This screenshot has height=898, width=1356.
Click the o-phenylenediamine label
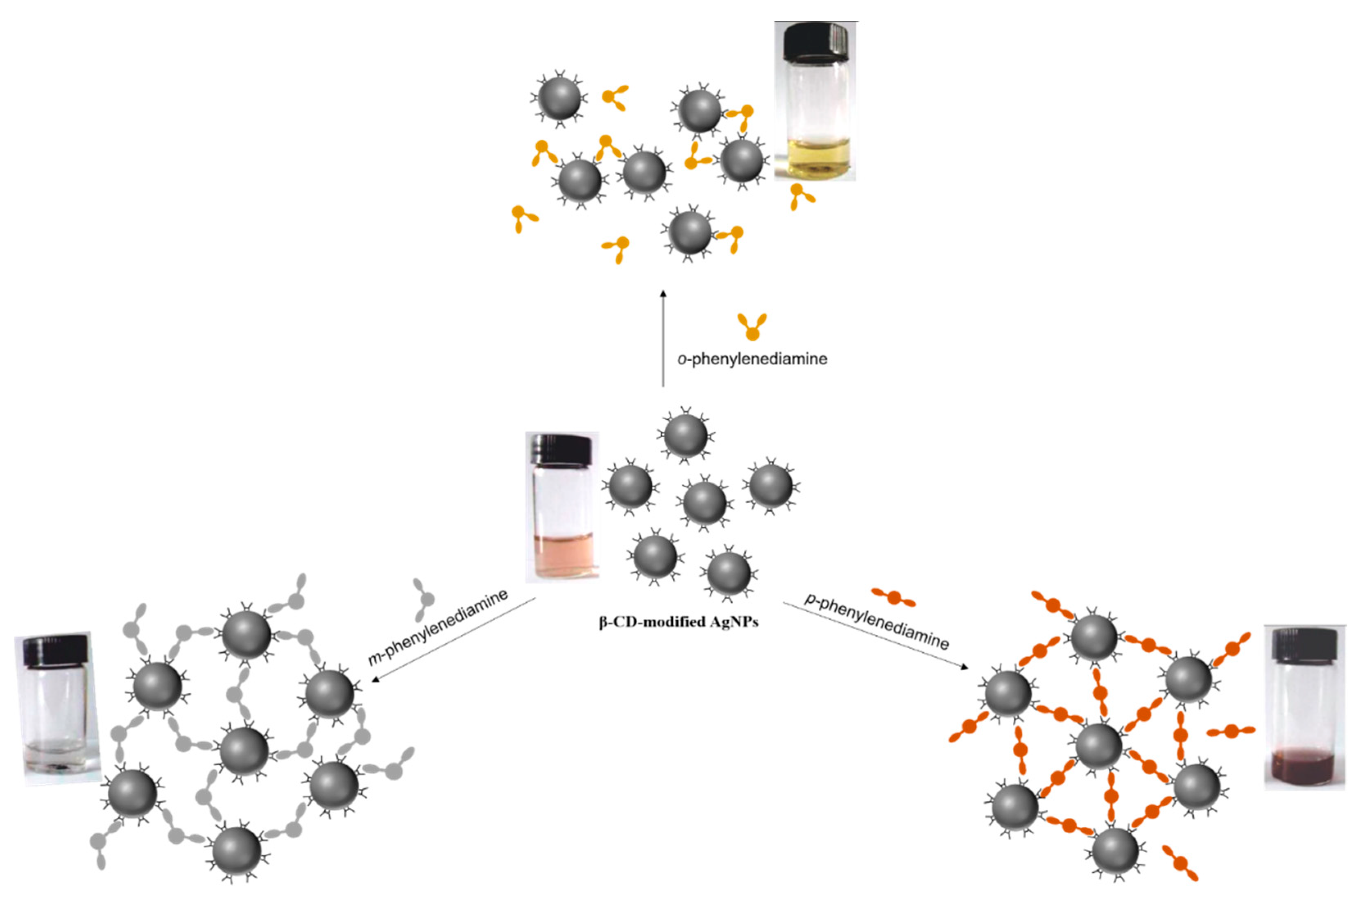[x=752, y=359]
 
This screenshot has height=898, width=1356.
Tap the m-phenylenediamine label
[x=438, y=627]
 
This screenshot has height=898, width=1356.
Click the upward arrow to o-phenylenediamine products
[x=663, y=338]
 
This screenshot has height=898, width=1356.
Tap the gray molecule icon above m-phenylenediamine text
[x=424, y=599]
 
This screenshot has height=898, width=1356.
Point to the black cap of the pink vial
[x=561, y=448]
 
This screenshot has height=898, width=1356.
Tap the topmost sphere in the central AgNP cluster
[x=685, y=435]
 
